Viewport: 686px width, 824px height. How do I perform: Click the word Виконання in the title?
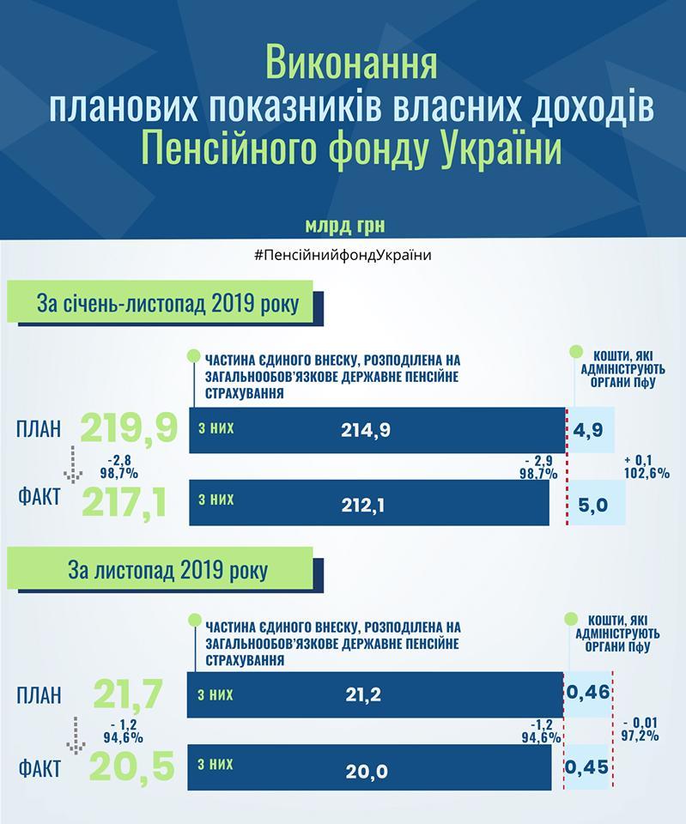(350, 63)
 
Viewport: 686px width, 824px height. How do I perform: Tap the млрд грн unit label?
(345, 226)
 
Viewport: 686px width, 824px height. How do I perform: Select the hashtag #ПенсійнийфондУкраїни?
(343, 256)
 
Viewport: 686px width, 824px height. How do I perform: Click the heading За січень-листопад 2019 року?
(167, 304)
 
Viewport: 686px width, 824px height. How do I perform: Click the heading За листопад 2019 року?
(167, 570)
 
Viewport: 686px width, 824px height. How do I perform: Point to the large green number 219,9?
(130, 428)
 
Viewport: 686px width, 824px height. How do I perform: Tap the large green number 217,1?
(124, 503)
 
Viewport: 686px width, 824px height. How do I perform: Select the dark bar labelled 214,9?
(378, 430)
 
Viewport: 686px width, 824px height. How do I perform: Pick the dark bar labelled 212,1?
(369, 503)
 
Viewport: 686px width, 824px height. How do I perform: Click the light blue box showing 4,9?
(592, 430)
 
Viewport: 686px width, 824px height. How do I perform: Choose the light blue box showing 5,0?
(598, 503)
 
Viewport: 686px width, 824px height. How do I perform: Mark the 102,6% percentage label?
(647, 473)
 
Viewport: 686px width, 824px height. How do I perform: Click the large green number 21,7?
(128, 694)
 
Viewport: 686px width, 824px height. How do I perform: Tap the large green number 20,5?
(132, 766)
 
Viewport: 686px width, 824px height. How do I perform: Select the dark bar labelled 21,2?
(375, 694)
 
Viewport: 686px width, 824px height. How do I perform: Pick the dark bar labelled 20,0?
(369, 767)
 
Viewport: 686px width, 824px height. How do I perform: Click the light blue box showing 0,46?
(588, 694)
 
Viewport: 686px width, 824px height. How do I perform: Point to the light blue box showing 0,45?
(586, 766)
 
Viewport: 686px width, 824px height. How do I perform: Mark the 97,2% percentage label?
(640, 736)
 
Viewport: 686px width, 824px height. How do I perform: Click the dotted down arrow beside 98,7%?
(73, 464)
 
